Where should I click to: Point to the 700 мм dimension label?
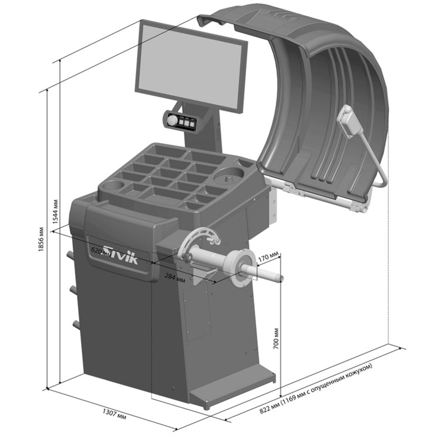(x=276, y=338)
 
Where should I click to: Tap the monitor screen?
(x=190, y=66)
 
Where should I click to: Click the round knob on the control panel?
(x=172, y=120)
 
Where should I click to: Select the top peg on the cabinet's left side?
(x=70, y=255)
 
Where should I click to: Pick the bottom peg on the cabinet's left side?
(x=76, y=324)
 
